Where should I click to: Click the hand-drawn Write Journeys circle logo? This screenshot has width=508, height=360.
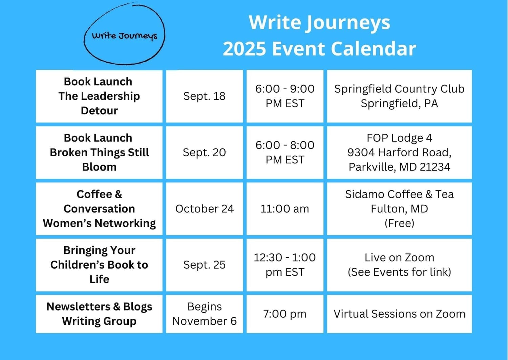(125, 33)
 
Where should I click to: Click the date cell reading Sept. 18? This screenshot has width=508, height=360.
(204, 96)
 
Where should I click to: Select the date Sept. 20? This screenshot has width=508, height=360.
(204, 153)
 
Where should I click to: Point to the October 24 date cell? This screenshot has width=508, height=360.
(204, 209)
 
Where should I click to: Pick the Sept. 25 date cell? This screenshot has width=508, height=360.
(204, 265)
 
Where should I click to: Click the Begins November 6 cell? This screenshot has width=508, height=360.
(204, 314)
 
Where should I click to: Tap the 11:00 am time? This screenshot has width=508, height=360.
(285, 209)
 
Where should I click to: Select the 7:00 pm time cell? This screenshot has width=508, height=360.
(285, 314)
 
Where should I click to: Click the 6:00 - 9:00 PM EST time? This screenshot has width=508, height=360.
(285, 96)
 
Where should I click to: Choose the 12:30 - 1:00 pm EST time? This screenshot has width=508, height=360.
(285, 265)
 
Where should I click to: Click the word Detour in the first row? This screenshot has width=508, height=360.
(99, 111)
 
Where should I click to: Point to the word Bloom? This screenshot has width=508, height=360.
(99, 167)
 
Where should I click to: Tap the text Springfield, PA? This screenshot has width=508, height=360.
(399, 104)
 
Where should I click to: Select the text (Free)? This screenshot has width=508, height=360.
(399, 223)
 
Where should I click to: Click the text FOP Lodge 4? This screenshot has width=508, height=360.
(399, 138)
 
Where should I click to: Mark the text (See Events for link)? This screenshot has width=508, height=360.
(399, 272)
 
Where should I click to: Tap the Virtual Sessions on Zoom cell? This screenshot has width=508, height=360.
(399, 314)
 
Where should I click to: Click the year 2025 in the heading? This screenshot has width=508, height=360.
(245, 49)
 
